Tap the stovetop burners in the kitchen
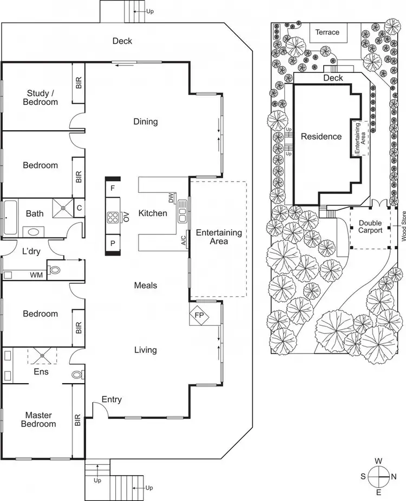(x=114, y=218)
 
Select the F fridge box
(x=113, y=188)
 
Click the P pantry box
(x=113, y=244)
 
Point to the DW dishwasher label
(x=171, y=198)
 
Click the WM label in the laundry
(x=36, y=275)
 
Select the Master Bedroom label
(x=38, y=419)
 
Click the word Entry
(x=111, y=399)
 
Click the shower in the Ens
(x=42, y=356)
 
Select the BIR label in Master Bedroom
(x=78, y=420)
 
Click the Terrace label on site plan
(x=328, y=32)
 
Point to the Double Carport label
(x=370, y=226)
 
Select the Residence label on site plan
(x=322, y=136)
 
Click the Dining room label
(x=146, y=122)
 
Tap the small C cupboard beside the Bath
(x=79, y=208)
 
